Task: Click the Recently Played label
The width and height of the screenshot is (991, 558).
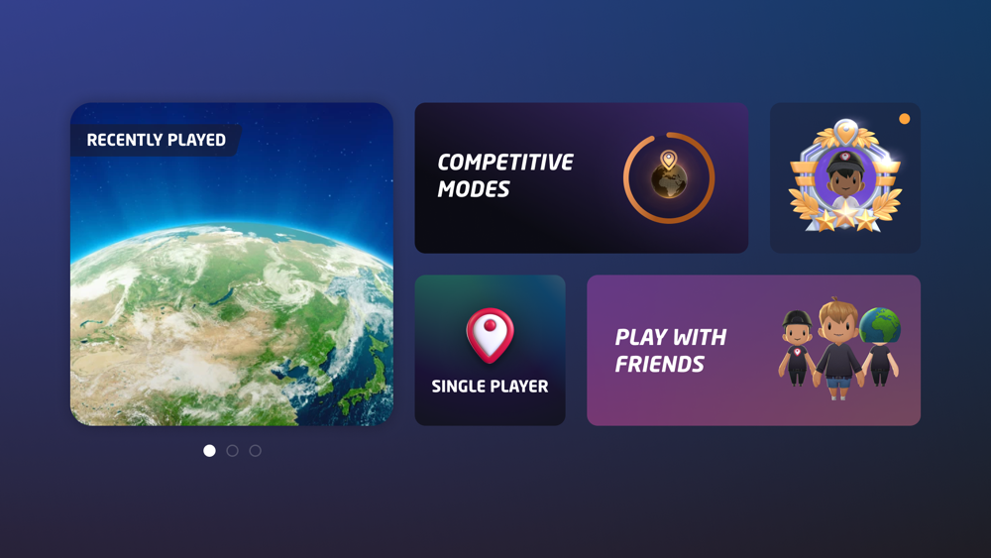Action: tap(157, 140)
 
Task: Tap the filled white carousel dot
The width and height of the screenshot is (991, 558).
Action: tap(209, 451)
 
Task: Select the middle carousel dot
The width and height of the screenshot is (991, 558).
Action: tap(233, 451)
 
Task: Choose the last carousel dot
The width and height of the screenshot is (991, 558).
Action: tap(256, 451)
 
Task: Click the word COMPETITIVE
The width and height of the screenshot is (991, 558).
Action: tap(505, 163)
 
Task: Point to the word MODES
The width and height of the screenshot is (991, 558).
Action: tap(474, 189)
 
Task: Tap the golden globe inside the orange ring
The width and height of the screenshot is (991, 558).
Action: tap(669, 181)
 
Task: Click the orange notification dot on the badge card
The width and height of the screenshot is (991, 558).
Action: tap(905, 119)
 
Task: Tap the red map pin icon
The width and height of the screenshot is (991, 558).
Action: tap(490, 335)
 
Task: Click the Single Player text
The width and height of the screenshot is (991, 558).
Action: tap(490, 387)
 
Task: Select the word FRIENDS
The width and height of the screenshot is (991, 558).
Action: tap(659, 364)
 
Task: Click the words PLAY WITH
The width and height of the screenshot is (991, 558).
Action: tap(671, 337)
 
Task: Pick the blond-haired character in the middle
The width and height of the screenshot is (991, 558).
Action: tap(838, 349)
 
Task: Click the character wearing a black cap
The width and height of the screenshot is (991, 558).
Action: tap(797, 348)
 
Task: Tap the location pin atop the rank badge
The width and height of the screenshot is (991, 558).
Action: tap(845, 132)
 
